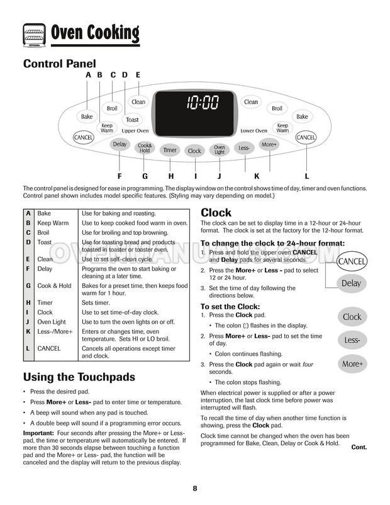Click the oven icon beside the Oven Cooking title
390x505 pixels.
coord(33,33)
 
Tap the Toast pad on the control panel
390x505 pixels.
coord(132,120)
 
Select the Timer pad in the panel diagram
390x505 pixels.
coord(170,150)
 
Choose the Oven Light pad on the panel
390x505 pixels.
coord(219,150)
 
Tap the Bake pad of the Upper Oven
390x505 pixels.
coord(87,117)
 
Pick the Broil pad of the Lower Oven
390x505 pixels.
coord(277,108)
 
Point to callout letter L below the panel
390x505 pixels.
coord(306,176)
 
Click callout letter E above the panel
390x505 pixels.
coord(138,75)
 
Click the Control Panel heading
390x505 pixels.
coord(59,64)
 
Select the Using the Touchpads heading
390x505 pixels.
coord(79,377)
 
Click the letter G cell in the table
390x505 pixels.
coord(28,286)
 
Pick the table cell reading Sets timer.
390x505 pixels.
coord(95,303)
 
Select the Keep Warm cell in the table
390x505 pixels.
coord(53,223)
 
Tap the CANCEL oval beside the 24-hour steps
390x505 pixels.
coord(352,261)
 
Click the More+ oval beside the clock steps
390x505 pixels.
coord(352,364)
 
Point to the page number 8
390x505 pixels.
coord(195,489)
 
